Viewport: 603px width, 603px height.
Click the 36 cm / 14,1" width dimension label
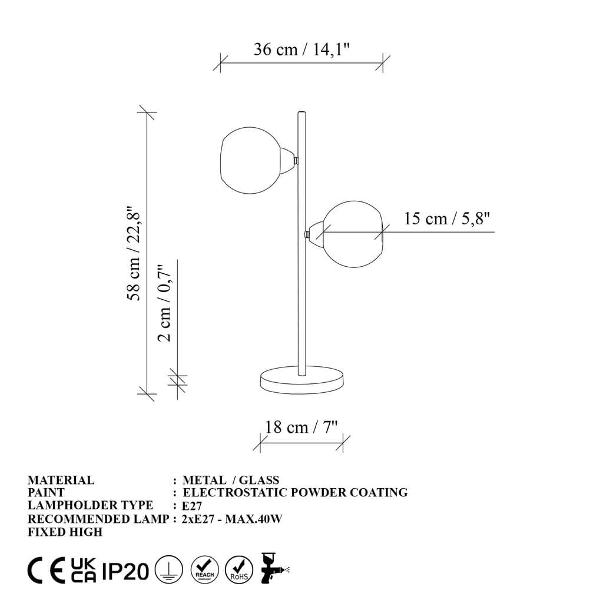point(301,49)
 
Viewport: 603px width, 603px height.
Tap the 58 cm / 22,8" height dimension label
point(134,253)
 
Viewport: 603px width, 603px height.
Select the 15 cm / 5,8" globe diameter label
point(447,218)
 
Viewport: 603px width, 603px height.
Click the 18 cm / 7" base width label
point(301,426)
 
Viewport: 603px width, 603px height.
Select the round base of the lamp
point(302,380)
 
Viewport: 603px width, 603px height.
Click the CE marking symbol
point(47,570)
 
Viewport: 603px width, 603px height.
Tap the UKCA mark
point(82,570)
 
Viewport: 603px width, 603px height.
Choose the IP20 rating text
point(125,571)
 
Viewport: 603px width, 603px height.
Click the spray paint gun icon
point(272,568)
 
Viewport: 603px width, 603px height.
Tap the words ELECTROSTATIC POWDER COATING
point(295,492)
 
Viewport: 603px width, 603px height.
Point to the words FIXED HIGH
point(65,532)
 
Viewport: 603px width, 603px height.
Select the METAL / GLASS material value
point(231,480)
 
